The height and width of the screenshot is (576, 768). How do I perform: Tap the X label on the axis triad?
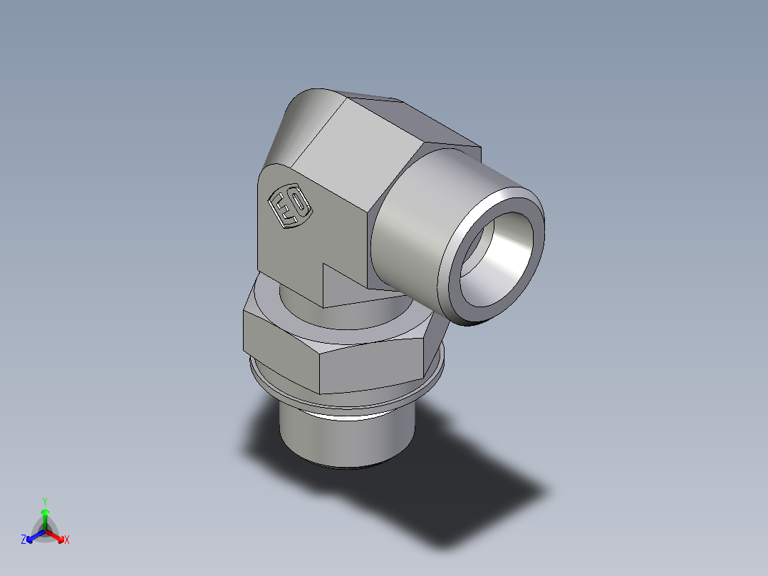click(x=66, y=540)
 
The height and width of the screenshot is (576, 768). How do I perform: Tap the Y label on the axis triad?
click(x=45, y=501)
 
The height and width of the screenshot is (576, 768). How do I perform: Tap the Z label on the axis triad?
click(x=24, y=540)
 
